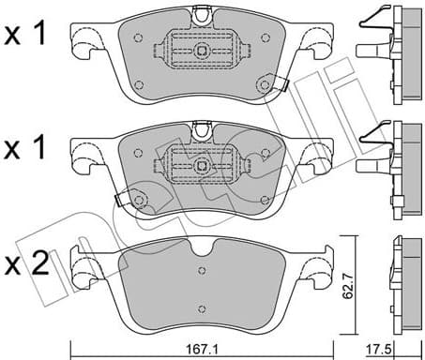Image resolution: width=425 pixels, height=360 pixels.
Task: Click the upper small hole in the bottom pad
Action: (201, 270)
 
